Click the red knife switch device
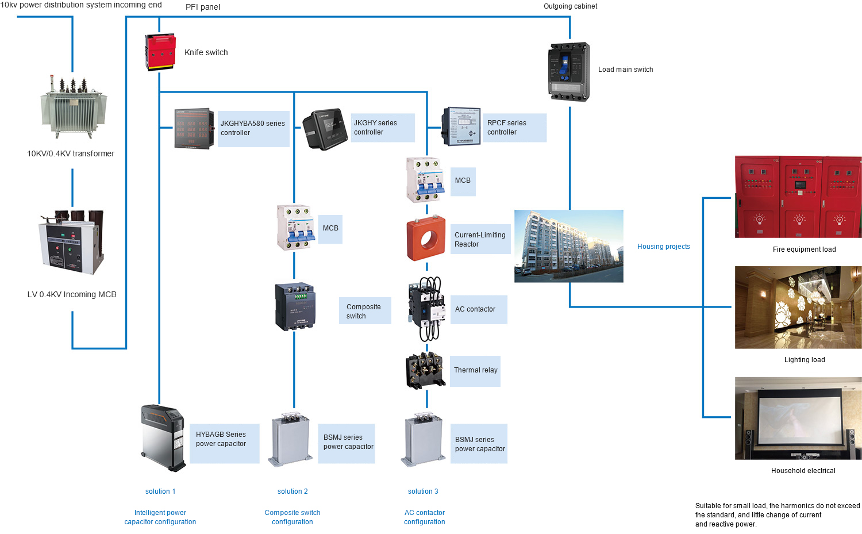point(160,52)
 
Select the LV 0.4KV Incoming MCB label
point(72,294)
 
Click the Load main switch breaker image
point(569,71)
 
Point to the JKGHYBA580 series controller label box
point(253,128)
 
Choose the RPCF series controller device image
point(461,126)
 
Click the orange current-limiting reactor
point(426,239)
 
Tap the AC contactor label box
point(478,309)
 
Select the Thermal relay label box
point(475,370)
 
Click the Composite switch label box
point(364,311)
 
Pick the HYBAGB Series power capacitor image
point(163,438)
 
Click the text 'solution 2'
point(293,491)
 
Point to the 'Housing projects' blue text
point(663,247)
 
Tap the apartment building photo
point(568,246)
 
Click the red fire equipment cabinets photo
point(798,197)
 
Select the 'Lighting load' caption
point(804,360)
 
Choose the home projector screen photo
point(798,418)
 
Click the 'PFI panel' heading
point(203,7)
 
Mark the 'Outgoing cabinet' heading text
point(570,6)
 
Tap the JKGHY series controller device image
point(325,129)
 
